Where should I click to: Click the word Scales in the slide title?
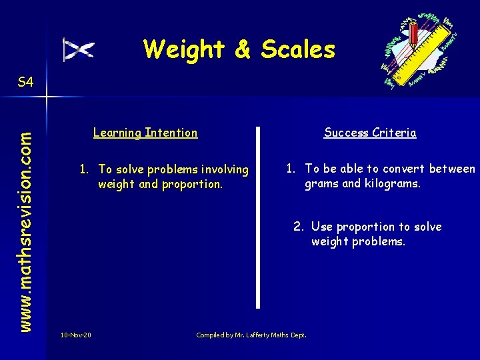298,49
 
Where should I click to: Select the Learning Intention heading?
145,133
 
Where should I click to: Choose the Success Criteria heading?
370,133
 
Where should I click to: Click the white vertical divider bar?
258,217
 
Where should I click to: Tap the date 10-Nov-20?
75,335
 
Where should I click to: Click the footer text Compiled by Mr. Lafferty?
251,335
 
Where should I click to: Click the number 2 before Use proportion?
298,227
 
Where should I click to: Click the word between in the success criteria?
453,169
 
